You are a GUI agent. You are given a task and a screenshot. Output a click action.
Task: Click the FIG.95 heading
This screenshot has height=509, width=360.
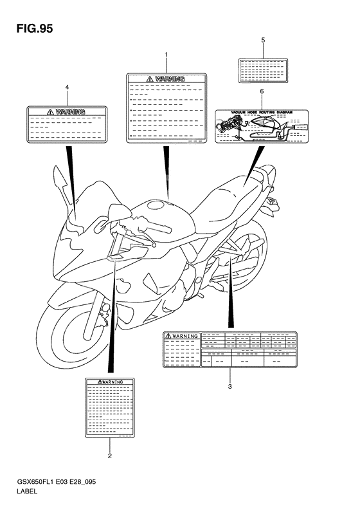point(30,28)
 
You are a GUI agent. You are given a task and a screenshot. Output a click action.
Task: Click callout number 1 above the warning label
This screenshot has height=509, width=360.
point(166,56)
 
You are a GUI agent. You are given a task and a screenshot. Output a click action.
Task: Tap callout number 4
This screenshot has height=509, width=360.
point(67,87)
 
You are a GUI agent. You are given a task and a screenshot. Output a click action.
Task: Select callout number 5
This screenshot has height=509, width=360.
point(263,41)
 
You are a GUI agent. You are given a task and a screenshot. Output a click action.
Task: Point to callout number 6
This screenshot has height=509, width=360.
point(262,92)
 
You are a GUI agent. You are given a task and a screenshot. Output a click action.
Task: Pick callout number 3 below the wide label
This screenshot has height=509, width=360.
point(230,387)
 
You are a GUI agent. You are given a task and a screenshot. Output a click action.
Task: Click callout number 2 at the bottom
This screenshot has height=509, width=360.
point(109,456)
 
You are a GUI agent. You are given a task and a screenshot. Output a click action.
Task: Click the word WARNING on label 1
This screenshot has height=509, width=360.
point(170,79)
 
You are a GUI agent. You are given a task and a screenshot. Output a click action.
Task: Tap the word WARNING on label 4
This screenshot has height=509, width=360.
point(70,111)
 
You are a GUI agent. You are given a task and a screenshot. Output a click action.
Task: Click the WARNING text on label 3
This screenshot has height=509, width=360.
point(184,336)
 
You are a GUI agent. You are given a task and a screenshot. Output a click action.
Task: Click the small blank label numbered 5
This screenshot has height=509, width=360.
point(263,69)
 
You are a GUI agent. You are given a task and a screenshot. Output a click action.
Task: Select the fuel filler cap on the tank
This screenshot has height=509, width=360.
point(156,206)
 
